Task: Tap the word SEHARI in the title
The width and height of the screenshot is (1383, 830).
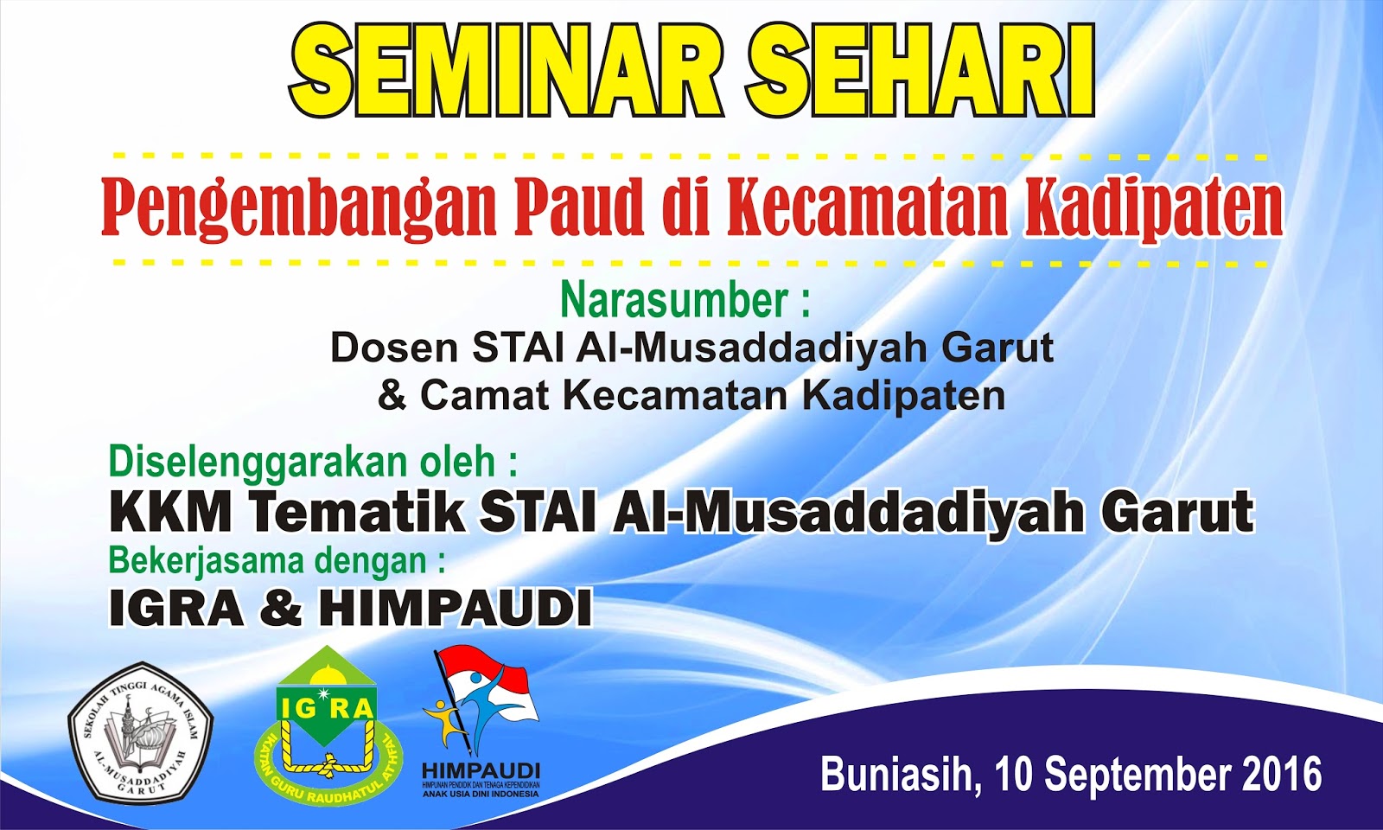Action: point(921,71)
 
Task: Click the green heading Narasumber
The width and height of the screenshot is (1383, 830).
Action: point(674,300)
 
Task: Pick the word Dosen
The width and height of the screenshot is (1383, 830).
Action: point(394,348)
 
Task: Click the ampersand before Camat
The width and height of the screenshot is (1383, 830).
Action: point(392,396)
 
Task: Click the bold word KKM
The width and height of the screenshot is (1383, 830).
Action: point(170,512)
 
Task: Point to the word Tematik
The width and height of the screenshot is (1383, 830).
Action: point(358,512)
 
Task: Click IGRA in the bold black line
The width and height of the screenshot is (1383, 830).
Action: point(176,608)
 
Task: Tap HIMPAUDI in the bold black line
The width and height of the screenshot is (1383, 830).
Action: point(456,608)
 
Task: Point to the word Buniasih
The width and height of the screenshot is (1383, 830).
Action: point(899,774)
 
